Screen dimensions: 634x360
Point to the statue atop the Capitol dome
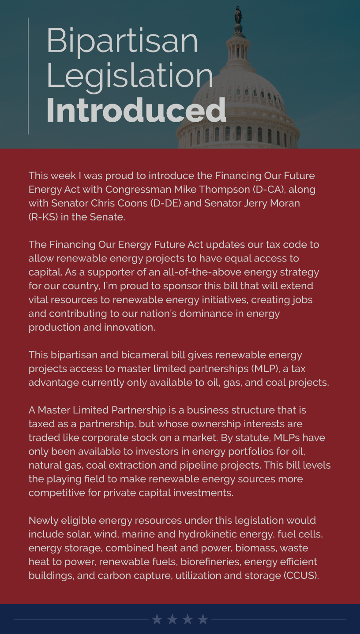pos(238,16)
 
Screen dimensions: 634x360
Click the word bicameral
pos(141,354)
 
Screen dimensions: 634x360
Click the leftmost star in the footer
pos(157,619)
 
